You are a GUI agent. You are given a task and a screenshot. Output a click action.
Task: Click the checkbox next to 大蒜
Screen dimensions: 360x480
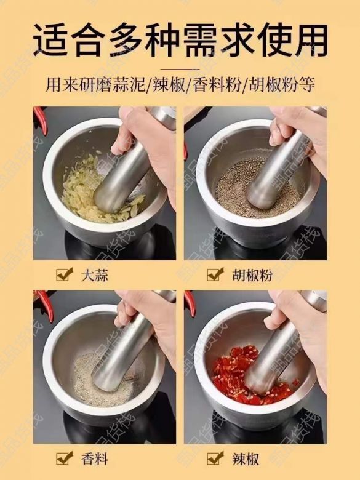pos(63,274)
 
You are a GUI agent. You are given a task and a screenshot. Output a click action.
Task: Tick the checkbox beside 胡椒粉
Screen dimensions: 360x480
pos(214,274)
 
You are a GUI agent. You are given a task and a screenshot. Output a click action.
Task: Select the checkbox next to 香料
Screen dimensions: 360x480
pos(63,458)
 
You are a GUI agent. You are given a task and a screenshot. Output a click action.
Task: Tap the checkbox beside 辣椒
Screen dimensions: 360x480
pos(214,458)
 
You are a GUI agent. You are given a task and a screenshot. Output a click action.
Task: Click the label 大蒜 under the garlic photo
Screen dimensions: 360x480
pos(95,275)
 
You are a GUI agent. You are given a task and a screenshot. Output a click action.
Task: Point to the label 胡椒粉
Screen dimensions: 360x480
pos(252,275)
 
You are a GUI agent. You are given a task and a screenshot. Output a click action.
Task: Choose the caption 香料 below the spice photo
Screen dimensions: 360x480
pos(95,459)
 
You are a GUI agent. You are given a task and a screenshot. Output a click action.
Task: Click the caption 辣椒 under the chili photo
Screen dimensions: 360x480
pos(246,459)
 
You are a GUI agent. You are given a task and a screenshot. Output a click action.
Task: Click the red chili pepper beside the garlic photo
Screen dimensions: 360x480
pos(41,120)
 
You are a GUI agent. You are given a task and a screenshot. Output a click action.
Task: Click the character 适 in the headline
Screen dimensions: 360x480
pos(51,40)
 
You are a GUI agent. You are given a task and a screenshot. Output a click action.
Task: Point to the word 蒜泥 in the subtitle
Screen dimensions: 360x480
pos(131,84)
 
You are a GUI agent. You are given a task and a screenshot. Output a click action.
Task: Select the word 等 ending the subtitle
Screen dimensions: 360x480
pos(307,84)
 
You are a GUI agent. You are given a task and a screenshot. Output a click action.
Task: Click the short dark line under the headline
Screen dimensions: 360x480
pos(180,69)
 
